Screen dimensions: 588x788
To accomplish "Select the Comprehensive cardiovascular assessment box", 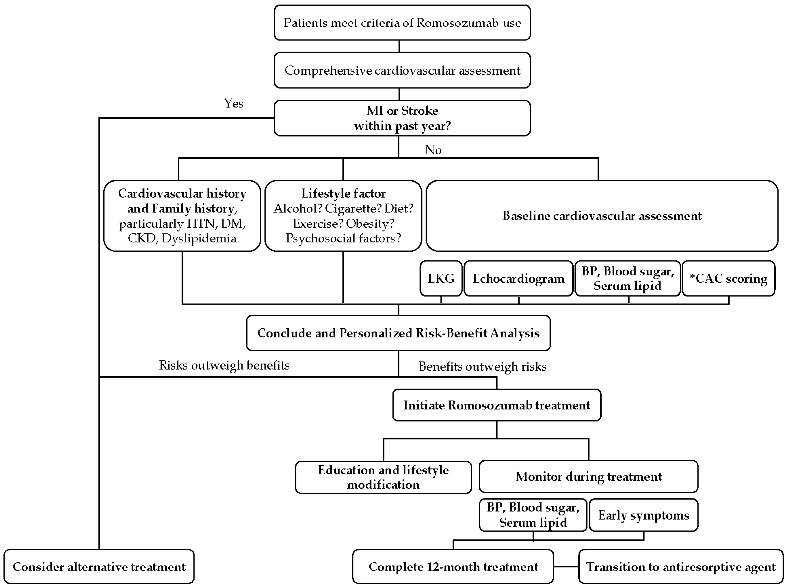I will [x=402, y=70].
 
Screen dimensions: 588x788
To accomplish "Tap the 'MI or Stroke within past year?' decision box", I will [x=402, y=118].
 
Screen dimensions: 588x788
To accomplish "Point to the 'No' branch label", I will [x=433, y=150].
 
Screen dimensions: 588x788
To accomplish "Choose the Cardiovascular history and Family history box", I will [x=182, y=216].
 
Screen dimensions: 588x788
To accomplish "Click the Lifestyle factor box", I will [x=343, y=216].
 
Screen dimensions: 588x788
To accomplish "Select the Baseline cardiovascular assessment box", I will [x=602, y=216].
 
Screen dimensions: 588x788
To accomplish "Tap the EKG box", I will [x=441, y=278].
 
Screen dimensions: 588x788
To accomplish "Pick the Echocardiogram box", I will [x=519, y=278].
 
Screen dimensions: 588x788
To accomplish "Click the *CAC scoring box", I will [x=729, y=278].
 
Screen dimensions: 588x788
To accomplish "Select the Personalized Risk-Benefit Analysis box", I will [x=398, y=333].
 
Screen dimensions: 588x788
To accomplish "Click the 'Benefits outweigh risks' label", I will [x=482, y=366].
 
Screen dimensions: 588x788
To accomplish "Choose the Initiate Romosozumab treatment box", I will [x=497, y=405].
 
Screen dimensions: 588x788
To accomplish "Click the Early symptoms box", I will [x=643, y=515].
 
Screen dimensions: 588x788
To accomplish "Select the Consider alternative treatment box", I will [x=99, y=567].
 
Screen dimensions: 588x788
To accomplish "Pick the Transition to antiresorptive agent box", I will [x=681, y=567].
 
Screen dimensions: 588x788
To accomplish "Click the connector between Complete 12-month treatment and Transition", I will [x=566, y=567].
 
